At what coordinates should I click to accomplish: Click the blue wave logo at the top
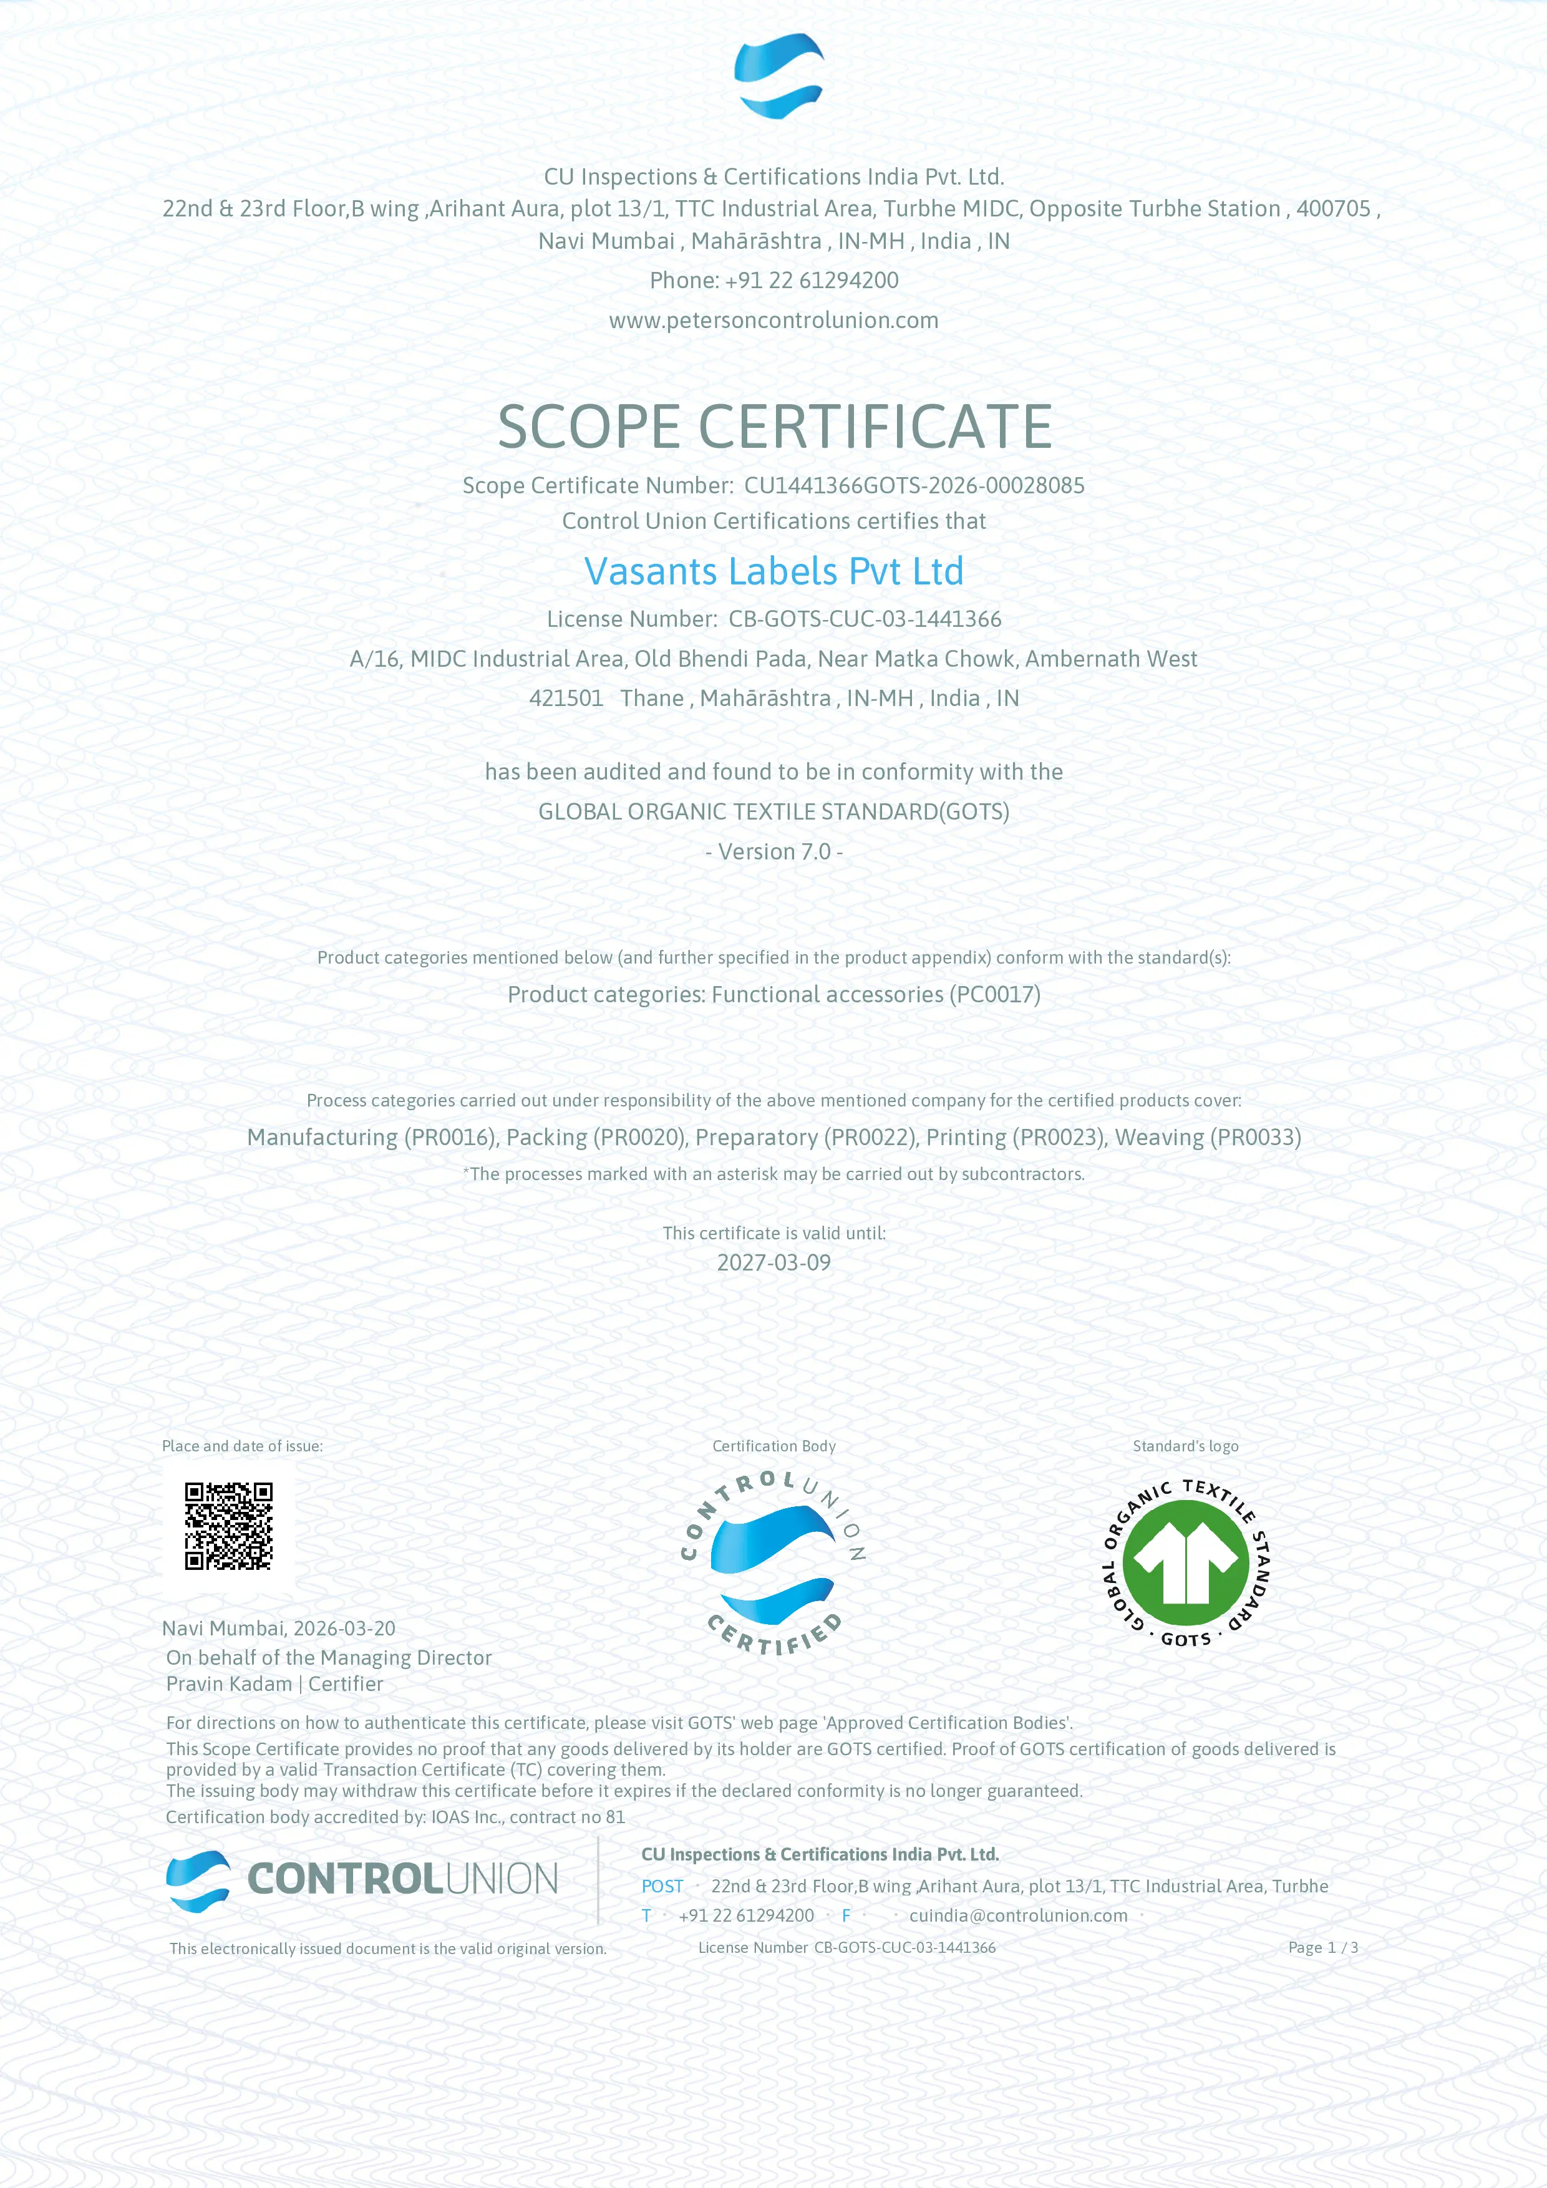click(x=778, y=76)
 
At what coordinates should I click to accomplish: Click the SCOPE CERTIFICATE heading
click(x=774, y=426)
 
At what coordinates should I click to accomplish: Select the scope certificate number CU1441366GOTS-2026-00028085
click(x=913, y=486)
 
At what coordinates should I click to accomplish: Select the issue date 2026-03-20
click(x=344, y=1629)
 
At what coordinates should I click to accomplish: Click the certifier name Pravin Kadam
click(x=230, y=1684)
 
